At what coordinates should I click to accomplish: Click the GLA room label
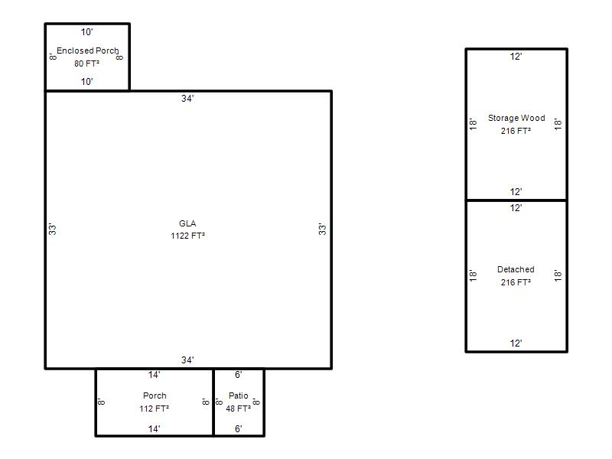pyautogui.click(x=187, y=223)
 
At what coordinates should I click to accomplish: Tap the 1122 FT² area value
pyautogui.click(x=187, y=236)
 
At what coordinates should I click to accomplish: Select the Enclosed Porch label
pyautogui.click(x=87, y=50)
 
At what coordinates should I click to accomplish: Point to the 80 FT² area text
pyautogui.click(x=86, y=63)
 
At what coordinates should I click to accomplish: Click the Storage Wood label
pyautogui.click(x=516, y=118)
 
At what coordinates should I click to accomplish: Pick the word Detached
pyautogui.click(x=516, y=269)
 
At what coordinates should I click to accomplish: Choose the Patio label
pyautogui.click(x=239, y=396)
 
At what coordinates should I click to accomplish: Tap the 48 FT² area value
pyautogui.click(x=238, y=409)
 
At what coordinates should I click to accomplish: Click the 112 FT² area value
pyautogui.click(x=155, y=409)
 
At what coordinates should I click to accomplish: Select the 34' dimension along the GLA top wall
pyautogui.click(x=187, y=99)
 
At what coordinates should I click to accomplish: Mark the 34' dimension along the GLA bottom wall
pyautogui.click(x=187, y=360)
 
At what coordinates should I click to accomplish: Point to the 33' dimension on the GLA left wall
pyautogui.click(x=52, y=229)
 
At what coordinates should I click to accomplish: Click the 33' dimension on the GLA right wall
pyautogui.click(x=322, y=229)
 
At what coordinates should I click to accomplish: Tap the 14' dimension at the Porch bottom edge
pyautogui.click(x=154, y=429)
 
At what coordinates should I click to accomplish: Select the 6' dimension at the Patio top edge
pyautogui.click(x=239, y=375)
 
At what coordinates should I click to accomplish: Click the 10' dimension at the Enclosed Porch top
pyautogui.click(x=86, y=32)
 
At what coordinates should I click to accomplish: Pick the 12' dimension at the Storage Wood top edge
pyautogui.click(x=516, y=57)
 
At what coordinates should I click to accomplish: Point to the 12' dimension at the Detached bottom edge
pyautogui.click(x=516, y=343)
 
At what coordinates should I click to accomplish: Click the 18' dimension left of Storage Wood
pyautogui.click(x=473, y=124)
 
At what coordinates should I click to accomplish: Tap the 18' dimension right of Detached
pyautogui.click(x=558, y=275)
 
